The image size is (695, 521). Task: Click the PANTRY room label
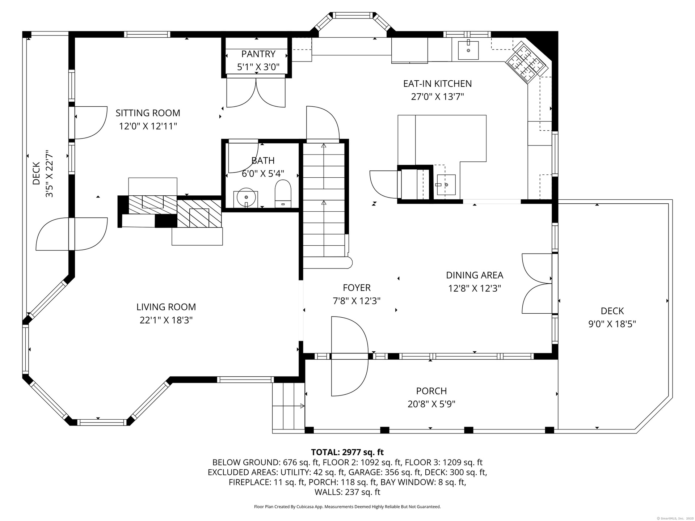258,54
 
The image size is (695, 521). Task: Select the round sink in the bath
246,198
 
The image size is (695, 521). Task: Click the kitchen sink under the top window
468,50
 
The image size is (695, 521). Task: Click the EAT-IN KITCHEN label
437,84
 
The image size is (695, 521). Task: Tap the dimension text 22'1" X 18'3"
166,320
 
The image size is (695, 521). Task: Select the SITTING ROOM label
148,113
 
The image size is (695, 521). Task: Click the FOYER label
357,288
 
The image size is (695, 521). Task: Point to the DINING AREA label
475,275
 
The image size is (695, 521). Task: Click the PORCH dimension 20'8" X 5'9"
431,404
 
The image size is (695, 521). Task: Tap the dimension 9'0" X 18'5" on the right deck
612,324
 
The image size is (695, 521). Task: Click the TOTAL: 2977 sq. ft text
347,452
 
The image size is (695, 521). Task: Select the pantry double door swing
256,93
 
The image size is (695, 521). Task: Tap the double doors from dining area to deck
537,283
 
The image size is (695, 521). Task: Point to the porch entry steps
288,406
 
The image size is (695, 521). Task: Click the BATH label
263,161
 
